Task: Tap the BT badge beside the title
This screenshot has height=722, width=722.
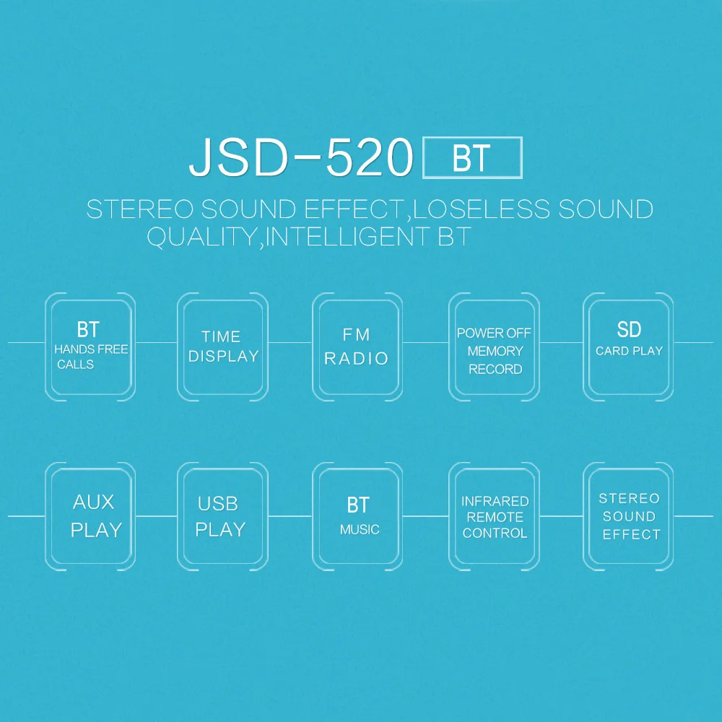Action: coord(471,158)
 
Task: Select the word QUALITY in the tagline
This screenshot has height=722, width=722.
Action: coord(202,236)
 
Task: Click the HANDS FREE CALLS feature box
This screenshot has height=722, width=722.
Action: coord(90,346)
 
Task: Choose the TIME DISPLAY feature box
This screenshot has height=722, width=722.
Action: coord(222,346)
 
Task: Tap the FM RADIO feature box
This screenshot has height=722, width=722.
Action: coord(357,346)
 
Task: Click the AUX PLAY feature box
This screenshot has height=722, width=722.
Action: coord(90,515)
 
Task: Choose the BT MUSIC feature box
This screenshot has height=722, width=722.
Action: coord(358,515)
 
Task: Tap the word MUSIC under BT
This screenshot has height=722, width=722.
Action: coord(360,530)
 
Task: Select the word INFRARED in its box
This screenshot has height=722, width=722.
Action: coord(495,501)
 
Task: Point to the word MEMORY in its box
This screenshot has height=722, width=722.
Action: coord(495,352)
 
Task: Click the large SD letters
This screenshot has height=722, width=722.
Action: coord(629,330)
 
